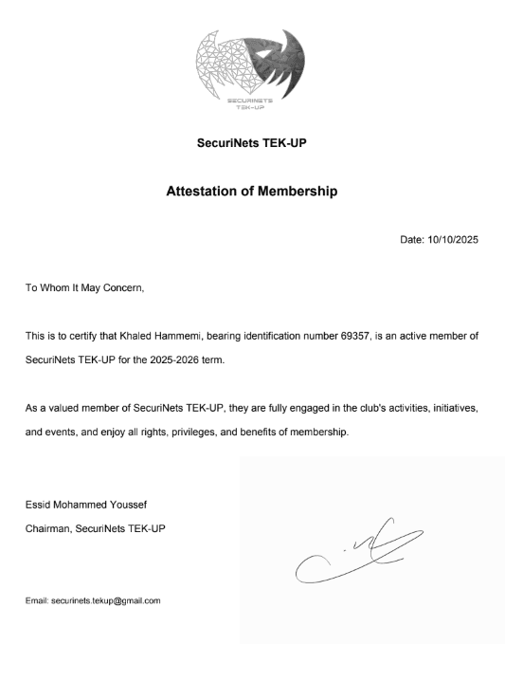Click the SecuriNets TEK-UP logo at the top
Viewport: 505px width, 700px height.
point(252,67)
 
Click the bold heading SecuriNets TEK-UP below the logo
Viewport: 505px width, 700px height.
point(252,145)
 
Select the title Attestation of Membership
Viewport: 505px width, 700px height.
point(252,192)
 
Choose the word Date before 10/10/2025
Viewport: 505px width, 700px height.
point(411,240)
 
